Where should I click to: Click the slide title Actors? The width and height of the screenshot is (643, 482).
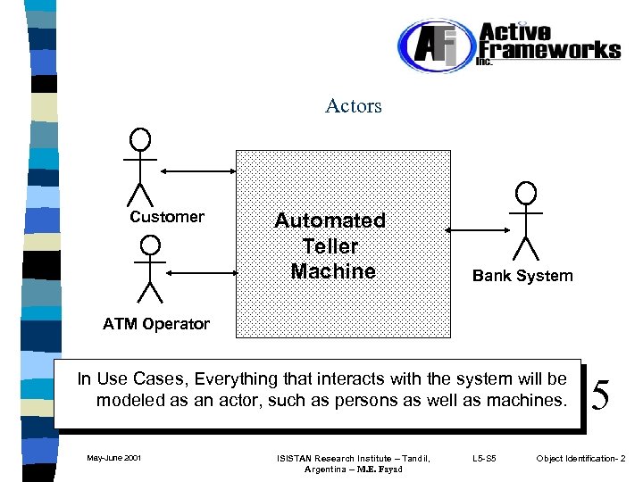[x=354, y=106]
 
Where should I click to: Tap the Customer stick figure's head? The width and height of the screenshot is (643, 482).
[x=139, y=139]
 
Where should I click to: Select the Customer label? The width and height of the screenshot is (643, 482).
[x=167, y=217]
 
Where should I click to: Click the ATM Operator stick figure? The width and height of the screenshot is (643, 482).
[x=150, y=269]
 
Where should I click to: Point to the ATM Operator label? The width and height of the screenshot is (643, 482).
[x=156, y=324]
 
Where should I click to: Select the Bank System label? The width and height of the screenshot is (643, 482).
[x=522, y=276]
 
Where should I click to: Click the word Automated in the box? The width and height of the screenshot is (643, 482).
[x=330, y=220]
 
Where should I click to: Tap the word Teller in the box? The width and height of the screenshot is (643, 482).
[x=330, y=246]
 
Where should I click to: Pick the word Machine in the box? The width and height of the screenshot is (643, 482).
[x=333, y=271]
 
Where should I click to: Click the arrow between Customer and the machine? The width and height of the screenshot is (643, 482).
[x=196, y=169]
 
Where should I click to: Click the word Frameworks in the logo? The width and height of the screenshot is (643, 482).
[x=549, y=49]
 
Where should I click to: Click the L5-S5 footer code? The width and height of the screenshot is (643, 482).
[x=483, y=459]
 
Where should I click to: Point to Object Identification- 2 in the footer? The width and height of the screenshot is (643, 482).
[x=580, y=459]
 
